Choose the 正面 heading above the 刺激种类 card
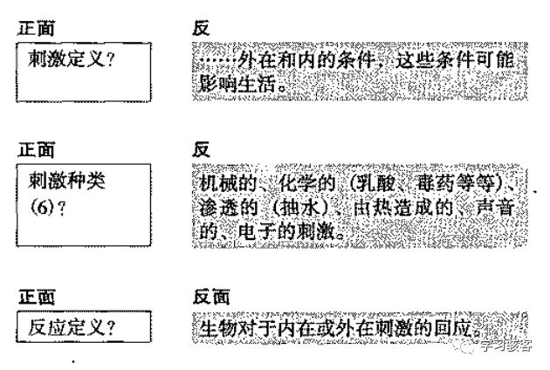point(38,150)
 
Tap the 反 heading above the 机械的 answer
point(201,150)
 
